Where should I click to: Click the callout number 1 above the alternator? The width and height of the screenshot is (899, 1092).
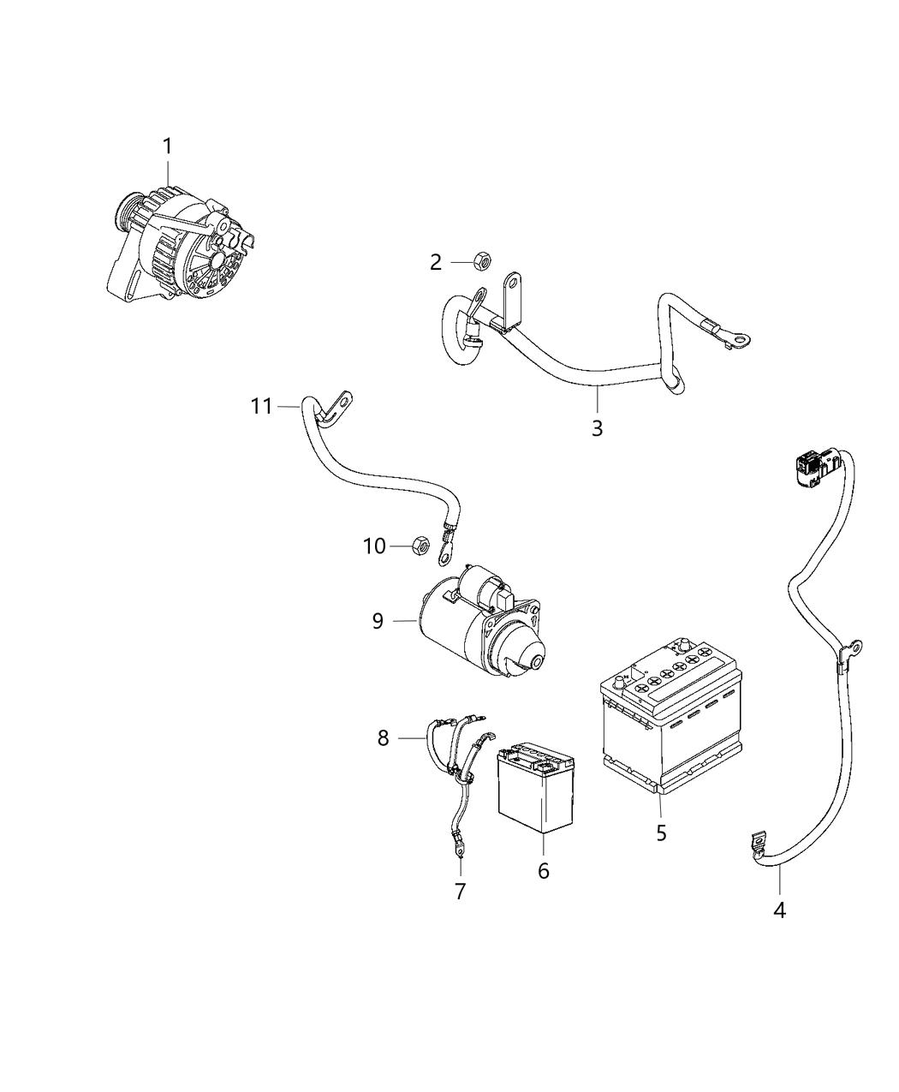(168, 146)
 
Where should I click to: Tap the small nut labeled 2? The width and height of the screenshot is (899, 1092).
(481, 260)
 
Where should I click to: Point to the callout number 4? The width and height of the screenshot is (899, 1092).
(779, 910)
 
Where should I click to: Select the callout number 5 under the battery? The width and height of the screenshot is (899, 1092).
(661, 832)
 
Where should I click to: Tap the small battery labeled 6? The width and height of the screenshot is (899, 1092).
(535, 786)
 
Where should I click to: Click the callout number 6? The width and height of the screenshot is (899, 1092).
(543, 870)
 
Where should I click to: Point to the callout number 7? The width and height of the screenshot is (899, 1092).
(460, 892)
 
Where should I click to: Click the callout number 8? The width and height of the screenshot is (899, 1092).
(383, 737)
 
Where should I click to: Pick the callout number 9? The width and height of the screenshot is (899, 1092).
(378, 620)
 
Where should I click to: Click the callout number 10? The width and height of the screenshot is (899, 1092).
(375, 546)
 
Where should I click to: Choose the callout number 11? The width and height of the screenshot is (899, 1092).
(261, 405)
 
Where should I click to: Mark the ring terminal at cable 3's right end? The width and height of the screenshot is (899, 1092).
(741, 340)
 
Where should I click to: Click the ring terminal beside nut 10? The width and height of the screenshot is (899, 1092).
(444, 555)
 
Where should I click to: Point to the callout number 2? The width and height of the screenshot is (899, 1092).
(436, 263)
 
